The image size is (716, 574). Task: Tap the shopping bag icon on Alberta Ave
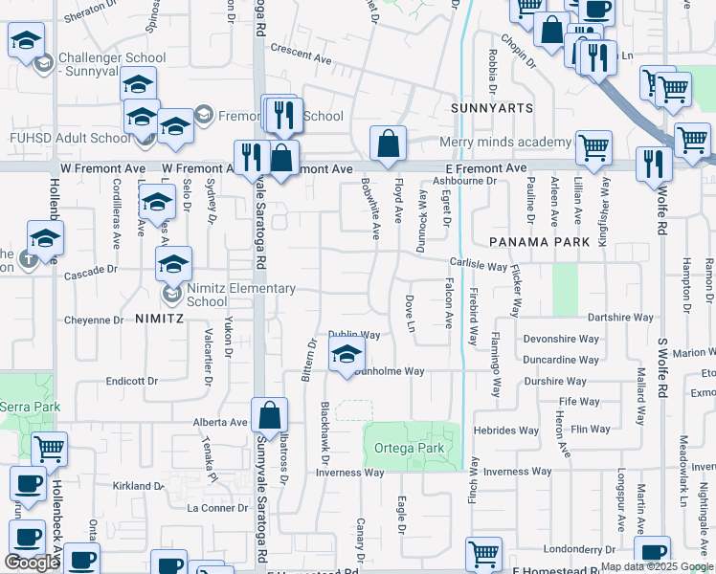pos(270,415)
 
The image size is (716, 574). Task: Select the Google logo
pos(32,563)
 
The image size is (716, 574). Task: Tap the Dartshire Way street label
pos(620,317)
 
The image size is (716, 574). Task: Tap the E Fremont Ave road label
pos(486,168)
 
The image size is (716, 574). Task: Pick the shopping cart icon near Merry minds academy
pos(594,147)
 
